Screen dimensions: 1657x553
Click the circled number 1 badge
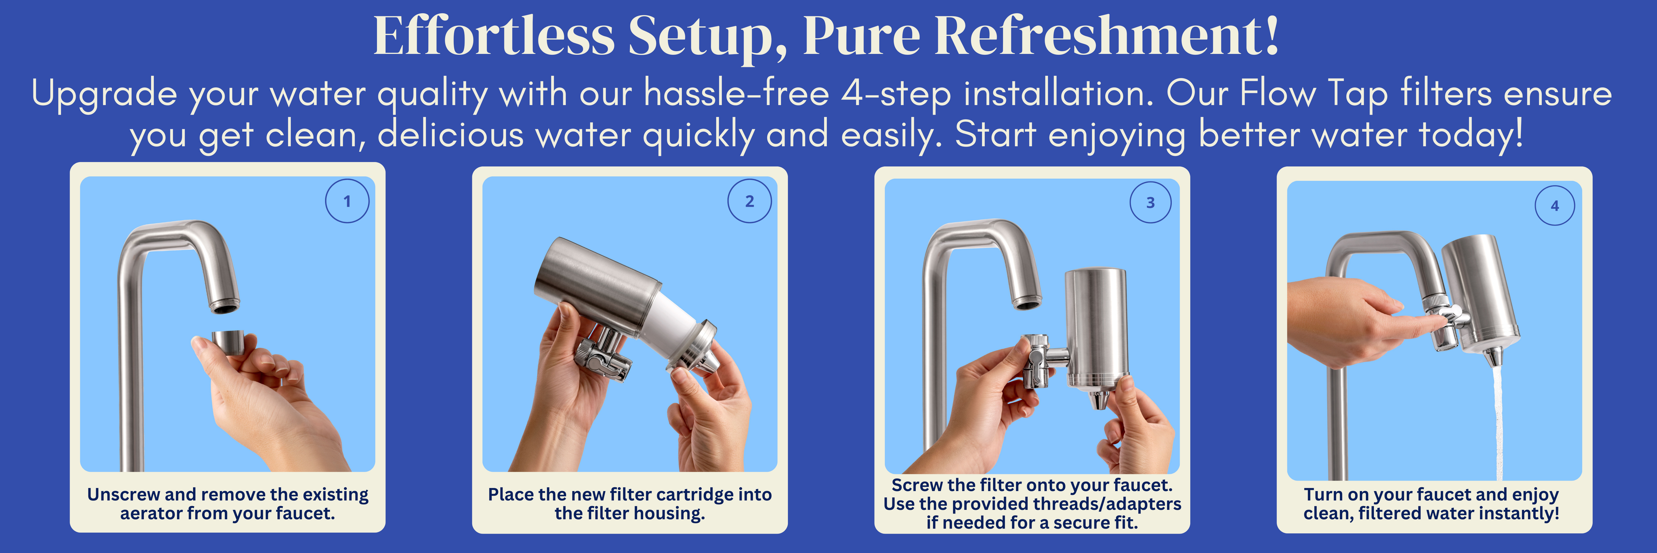click(x=347, y=202)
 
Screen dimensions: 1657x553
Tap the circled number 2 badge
click(x=749, y=202)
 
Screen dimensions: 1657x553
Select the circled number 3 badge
click(x=1151, y=202)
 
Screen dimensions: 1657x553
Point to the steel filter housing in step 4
click(x=1480, y=293)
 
